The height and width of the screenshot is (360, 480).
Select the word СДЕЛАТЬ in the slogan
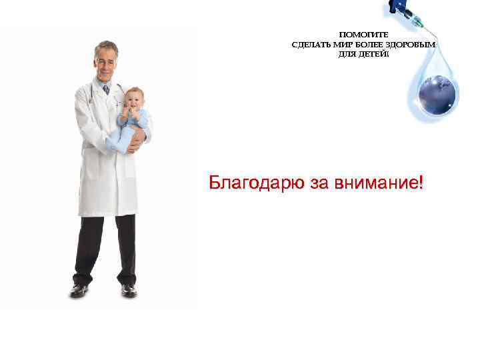coord(311,45)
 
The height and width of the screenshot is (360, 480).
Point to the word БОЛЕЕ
coord(370,45)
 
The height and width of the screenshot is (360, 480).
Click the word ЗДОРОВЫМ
coord(411,45)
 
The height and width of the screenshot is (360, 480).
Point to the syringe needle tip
coord(434,35)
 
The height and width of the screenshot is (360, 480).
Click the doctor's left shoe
coord(129,291)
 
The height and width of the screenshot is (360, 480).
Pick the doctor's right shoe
coord(79,291)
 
